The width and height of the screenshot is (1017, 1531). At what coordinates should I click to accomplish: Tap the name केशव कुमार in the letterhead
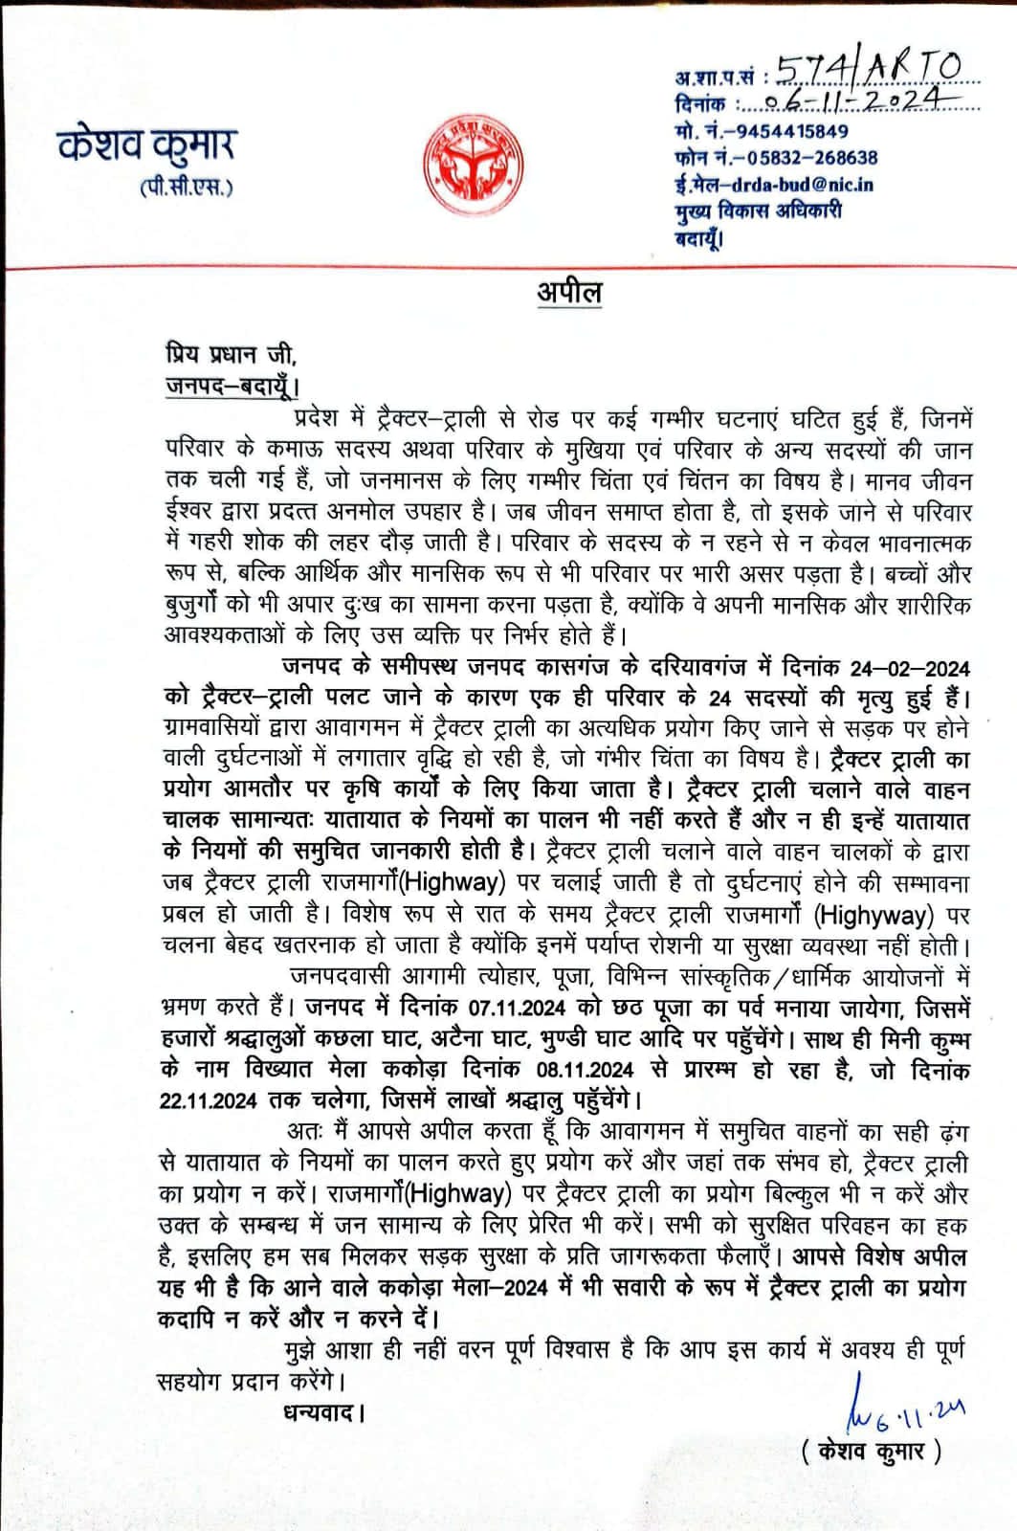point(146,145)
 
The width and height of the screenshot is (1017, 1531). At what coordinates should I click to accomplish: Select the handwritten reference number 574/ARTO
point(866,69)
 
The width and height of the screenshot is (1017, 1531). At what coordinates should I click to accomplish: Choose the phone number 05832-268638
point(812,158)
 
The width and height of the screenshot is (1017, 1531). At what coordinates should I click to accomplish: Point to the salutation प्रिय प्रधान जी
point(231,354)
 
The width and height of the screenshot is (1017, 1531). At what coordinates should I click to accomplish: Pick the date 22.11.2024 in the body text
point(209,1100)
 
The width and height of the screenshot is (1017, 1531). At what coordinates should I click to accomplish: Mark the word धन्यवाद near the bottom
point(324,1411)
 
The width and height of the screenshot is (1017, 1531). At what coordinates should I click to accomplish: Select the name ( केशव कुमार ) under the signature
point(872,1451)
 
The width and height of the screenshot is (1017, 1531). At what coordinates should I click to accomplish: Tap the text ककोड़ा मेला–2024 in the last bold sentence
point(457,1287)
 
